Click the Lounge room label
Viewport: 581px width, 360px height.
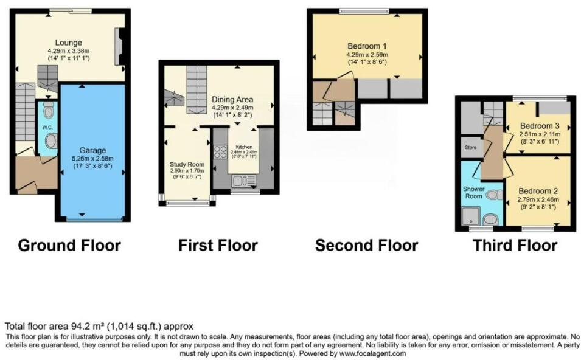[69, 43]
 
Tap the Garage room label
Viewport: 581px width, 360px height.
[92, 150]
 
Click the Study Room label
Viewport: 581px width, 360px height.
[186, 164]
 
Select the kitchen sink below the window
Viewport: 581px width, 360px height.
[240, 180]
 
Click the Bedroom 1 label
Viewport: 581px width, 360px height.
[367, 46]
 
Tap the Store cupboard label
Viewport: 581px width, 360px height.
[470, 147]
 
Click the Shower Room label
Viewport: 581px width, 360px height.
[474, 193]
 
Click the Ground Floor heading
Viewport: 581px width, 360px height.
[69, 246]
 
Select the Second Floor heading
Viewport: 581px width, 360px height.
[366, 246]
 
